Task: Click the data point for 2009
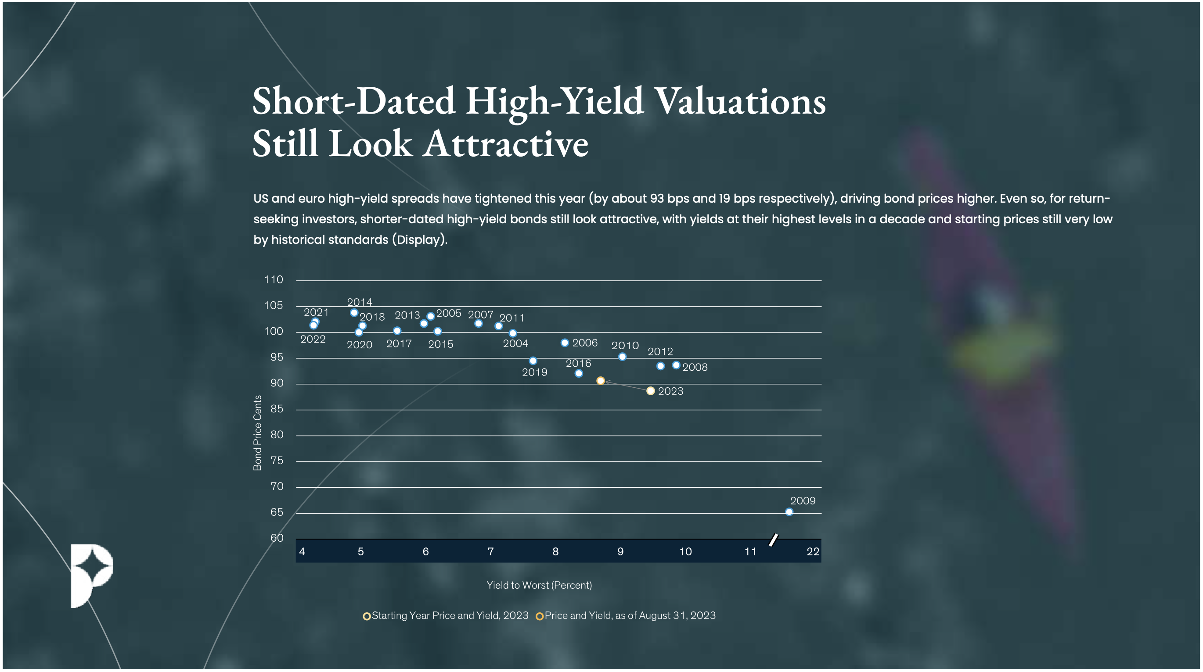789,512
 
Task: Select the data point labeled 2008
676,365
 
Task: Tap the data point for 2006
565,343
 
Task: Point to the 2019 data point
533,361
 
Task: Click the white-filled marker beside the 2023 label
651,390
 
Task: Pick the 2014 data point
354,313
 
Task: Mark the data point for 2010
622,357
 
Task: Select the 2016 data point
579,373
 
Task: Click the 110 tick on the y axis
274,279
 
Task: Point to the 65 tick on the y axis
277,512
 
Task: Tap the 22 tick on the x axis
813,552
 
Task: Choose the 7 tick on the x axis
490,552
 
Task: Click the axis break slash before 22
773,540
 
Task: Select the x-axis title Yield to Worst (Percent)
539,585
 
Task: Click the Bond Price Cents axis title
257,433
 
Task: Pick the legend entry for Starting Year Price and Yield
449,615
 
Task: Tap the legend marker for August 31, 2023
540,616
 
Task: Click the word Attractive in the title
506,143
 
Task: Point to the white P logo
91,575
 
